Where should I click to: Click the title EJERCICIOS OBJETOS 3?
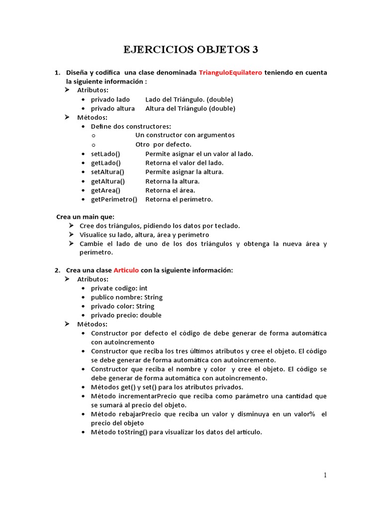click(191, 50)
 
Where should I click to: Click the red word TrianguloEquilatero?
click(230, 73)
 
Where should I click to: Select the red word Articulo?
click(126, 270)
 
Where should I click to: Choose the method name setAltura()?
click(107, 172)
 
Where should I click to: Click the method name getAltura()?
click(108, 181)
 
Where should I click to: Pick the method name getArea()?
click(105, 190)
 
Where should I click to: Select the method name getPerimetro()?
click(114, 199)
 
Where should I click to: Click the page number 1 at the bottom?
click(325, 475)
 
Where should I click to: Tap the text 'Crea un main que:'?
click(85, 217)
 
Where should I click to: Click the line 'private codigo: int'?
click(119, 288)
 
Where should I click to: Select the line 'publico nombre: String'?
click(126, 297)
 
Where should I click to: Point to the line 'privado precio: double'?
click(126, 315)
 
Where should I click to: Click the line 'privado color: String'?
click(122, 306)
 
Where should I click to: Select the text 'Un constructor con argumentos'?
click(185, 135)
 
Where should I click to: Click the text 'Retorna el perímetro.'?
click(179, 199)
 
